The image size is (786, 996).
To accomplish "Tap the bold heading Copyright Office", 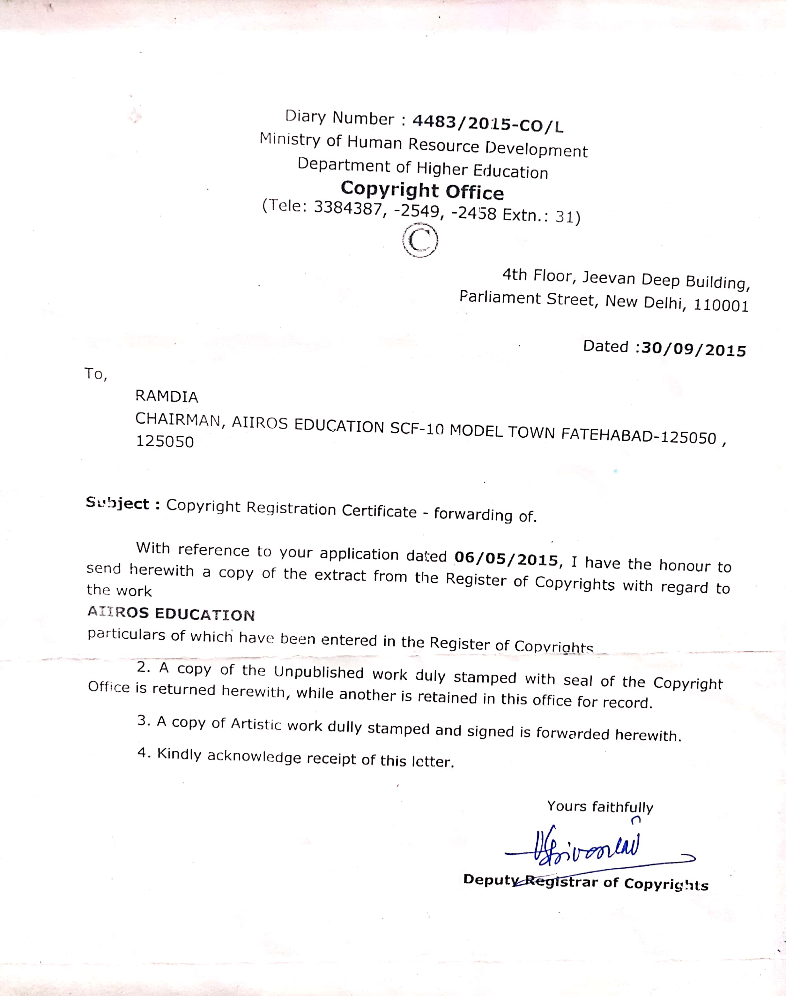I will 422,190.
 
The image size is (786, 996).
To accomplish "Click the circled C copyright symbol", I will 419,240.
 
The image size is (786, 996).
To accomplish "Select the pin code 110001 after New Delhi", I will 721,305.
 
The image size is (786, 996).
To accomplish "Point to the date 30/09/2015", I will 693,350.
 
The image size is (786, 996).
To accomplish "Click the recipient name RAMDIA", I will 167,396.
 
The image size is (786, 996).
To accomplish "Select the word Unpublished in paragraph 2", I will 318,672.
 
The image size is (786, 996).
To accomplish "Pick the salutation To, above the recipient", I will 95,374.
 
